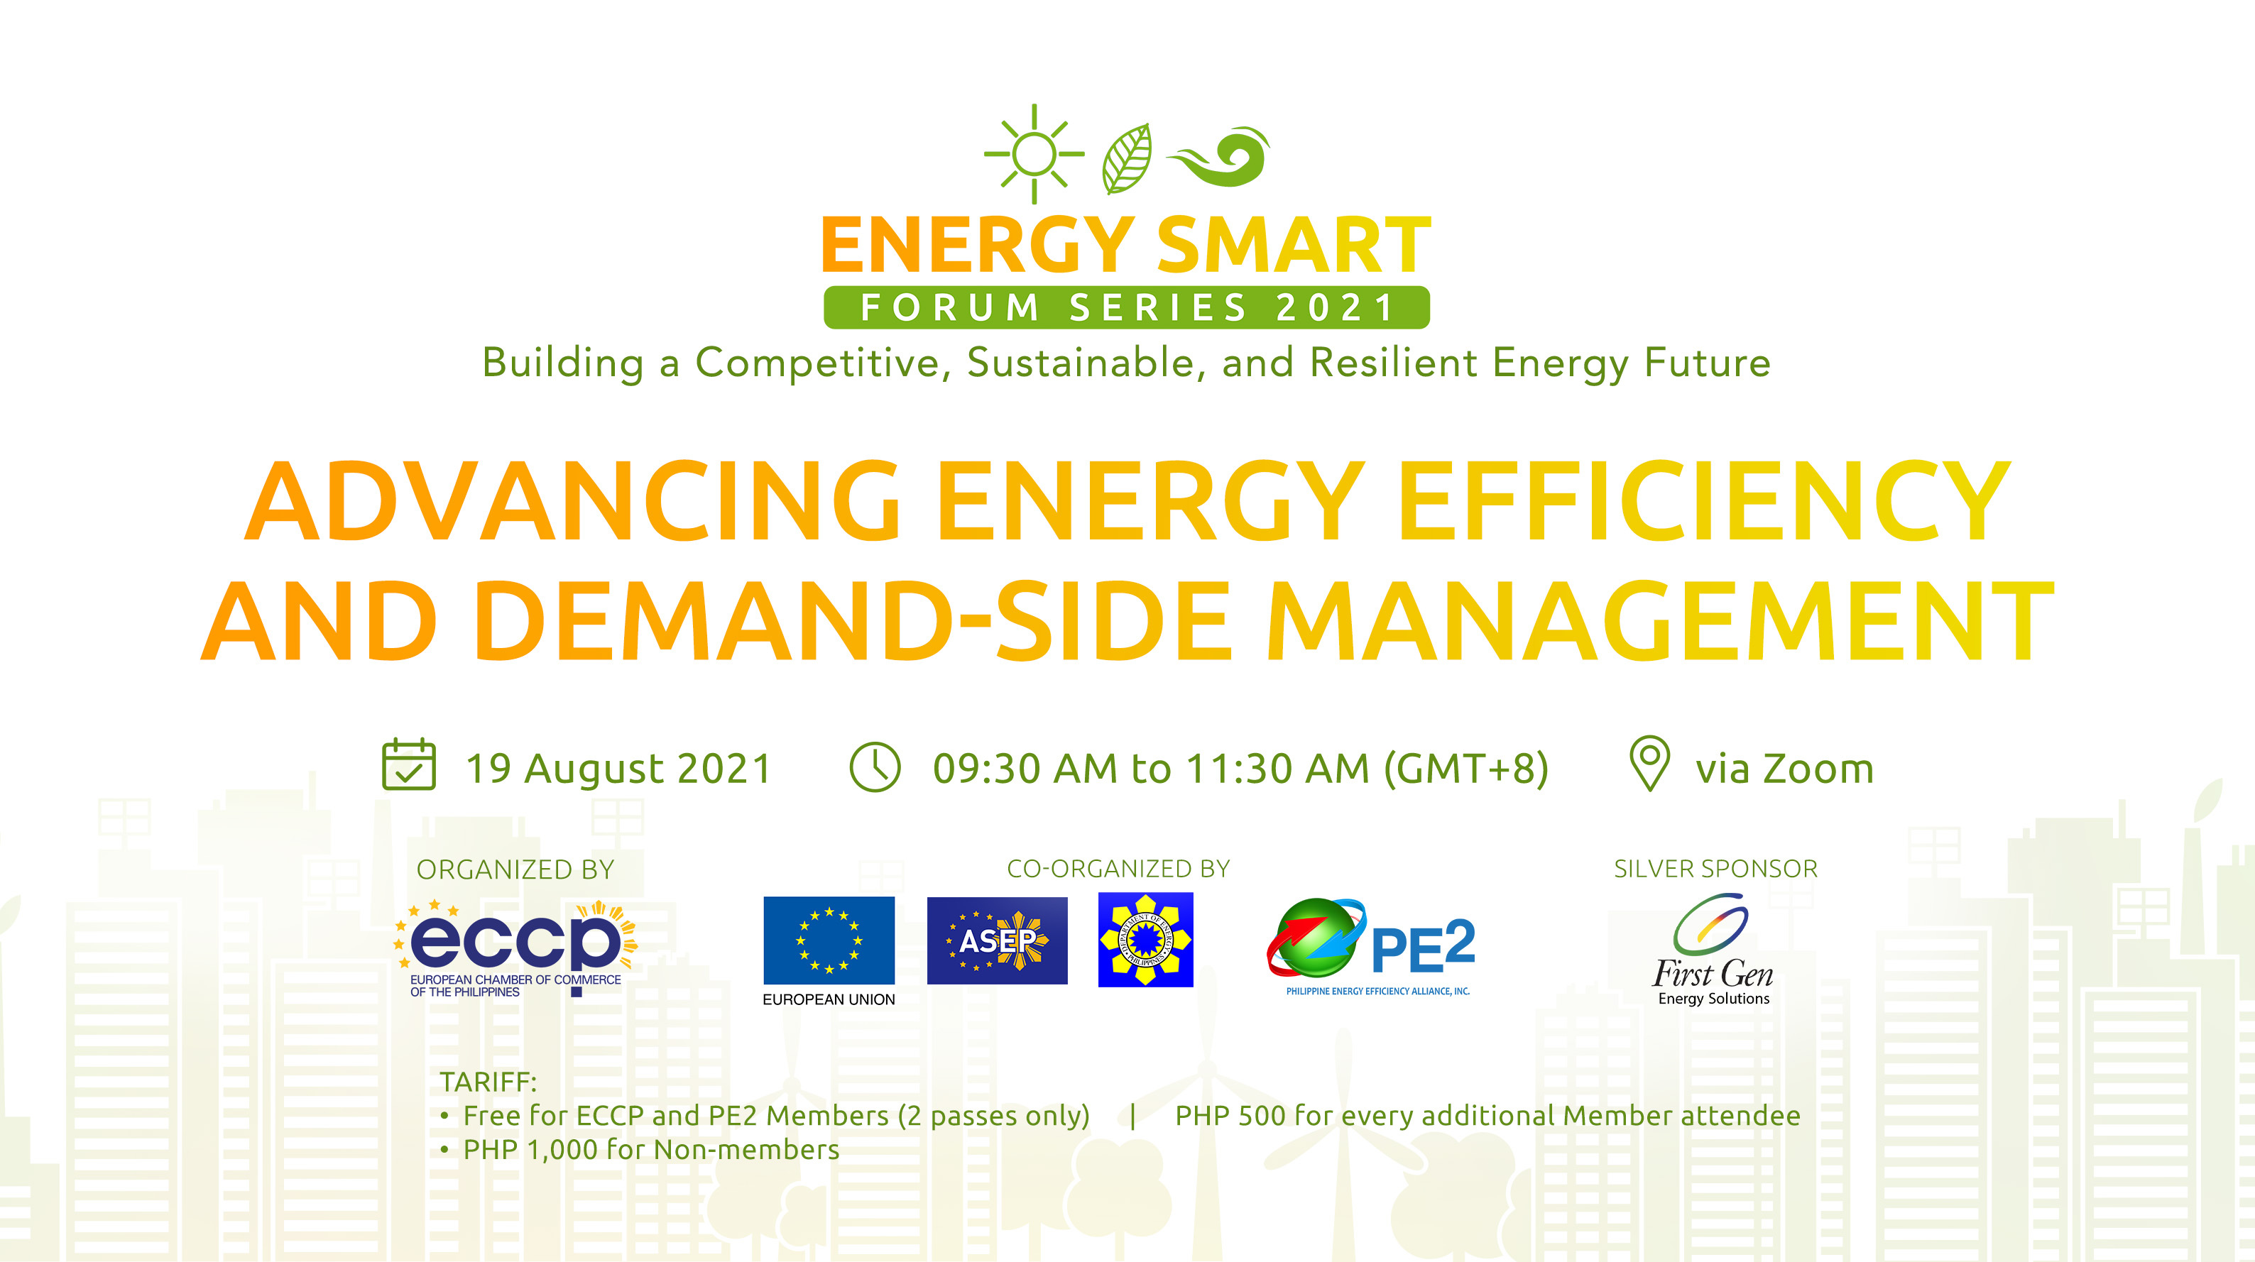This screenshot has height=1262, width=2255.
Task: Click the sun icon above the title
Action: pos(1034,154)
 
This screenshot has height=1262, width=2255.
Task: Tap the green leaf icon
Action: pos(1127,158)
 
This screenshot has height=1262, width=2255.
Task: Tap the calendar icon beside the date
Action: pos(409,765)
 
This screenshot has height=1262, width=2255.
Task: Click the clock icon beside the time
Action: pos(875,767)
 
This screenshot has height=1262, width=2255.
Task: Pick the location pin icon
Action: pos(1649,762)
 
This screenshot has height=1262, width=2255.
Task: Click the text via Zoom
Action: pos(1784,769)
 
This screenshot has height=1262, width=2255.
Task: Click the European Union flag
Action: pos(828,940)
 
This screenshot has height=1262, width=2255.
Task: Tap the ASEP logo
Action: pos(997,940)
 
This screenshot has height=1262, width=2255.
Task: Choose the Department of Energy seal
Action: pos(1145,940)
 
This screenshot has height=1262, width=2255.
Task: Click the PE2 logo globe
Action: pos(1313,938)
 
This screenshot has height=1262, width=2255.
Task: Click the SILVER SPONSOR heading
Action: pos(1715,869)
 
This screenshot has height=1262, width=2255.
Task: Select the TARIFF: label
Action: pos(488,1082)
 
